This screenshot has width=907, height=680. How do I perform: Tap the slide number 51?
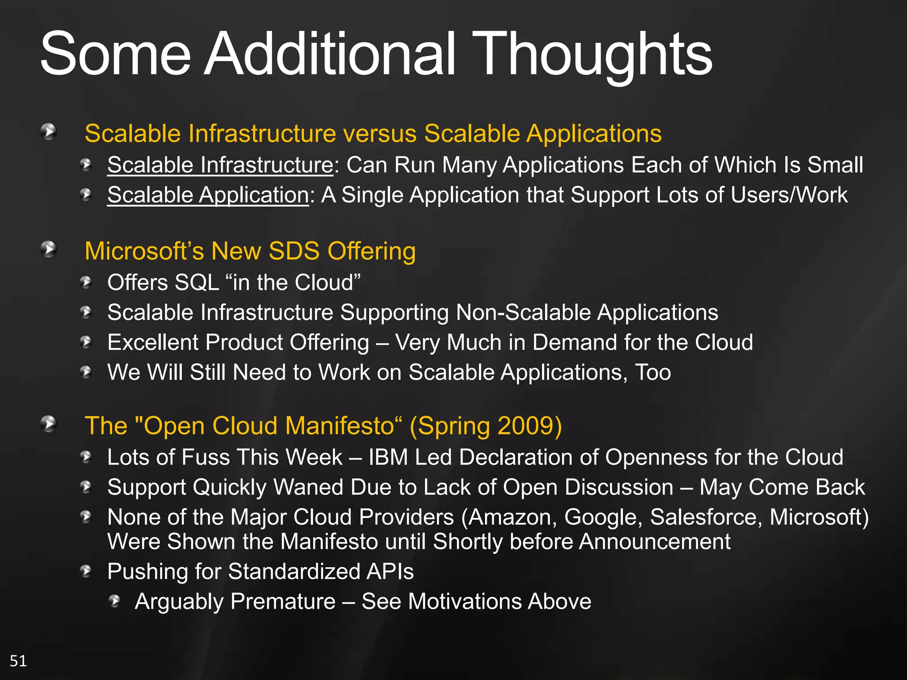coord(18,661)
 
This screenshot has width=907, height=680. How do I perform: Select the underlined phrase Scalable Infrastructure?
coord(220,165)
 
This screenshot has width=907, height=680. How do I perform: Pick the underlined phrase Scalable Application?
coord(208,195)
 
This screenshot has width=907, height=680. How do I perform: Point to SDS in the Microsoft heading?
coord(294,251)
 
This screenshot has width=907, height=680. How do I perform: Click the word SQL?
coord(197,282)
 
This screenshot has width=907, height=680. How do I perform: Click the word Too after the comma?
coord(653,372)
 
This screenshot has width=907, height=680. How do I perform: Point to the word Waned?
coord(305,487)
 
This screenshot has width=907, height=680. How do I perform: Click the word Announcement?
coord(655,542)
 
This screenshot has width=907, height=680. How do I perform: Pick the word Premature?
coord(283,602)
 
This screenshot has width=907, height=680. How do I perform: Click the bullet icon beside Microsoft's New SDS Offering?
coord(48,249)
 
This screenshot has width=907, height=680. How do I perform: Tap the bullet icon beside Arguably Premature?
coord(115,601)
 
